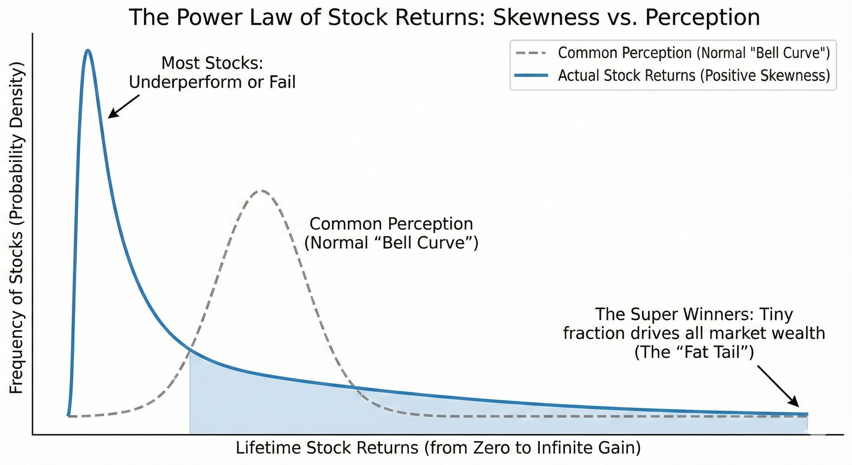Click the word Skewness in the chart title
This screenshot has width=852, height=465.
pyautogui.click(x=546, y=17)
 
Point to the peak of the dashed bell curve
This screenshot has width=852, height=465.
pyautogui.click(x=261, y=191)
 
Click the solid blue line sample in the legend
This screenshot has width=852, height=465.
pyautogui.click(x=531, y=75)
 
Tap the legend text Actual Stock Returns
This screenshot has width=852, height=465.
pyautogui.click(x=627, y=75)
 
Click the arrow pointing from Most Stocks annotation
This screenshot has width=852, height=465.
pyautogui.click(x=124, y=107)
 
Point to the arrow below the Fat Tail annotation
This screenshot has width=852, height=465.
pyautogui.click(x=778, y=386)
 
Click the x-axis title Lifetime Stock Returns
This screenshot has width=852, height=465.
pyautogui.click(x=327, y=448)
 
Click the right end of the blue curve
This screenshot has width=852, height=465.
pyautogui.click(x=807, y=414)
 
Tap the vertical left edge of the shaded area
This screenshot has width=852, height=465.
pyautogui.click(x=190, y=392)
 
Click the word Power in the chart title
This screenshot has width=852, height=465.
pyautogui.click(x=209, y=17)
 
